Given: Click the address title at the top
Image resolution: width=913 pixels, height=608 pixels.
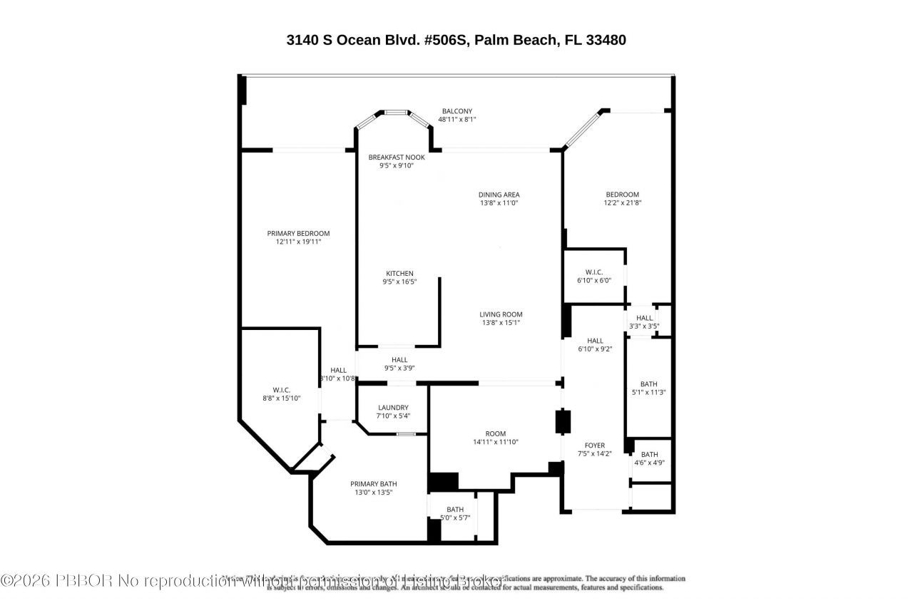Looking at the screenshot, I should [x=456, y=40].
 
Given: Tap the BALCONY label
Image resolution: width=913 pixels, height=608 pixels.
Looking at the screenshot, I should [x=456, y=111].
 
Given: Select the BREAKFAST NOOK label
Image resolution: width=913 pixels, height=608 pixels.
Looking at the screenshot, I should [x=396, y=157].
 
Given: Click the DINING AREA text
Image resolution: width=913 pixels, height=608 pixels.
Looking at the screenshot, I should [x=499, y=195].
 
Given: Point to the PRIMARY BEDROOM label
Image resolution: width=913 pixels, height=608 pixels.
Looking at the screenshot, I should [x=298, y=233].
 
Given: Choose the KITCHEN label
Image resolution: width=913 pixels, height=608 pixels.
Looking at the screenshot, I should [x=399, y=274].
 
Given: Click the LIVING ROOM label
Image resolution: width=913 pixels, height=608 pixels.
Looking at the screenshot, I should [x=501, y=314].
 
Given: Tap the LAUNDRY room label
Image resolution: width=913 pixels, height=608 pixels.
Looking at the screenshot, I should [x=393, y=407].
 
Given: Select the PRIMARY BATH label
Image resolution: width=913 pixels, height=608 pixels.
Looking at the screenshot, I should [x=374, y=483].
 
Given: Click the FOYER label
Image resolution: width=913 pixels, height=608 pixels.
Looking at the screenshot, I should [x=594, y=445].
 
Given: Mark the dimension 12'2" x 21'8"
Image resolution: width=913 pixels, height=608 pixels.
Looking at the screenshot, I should [x=622, y=203].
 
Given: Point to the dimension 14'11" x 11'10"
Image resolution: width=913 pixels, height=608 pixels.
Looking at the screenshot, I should [x=495, y=442].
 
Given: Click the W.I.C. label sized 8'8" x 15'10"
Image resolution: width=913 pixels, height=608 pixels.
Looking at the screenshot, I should [x=280, y=390].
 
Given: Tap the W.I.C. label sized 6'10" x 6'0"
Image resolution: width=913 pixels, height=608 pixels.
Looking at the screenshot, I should [x=593, y=272].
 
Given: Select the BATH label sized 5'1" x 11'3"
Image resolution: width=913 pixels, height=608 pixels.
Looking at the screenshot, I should [x=648, y=384].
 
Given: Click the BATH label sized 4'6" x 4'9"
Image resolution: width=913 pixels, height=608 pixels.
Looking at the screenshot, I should [x=649, y=454].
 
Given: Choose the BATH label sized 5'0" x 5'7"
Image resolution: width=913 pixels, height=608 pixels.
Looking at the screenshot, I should [x=455, y=509].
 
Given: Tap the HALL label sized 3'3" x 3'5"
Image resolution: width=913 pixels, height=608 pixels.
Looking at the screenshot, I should [x=644, y=318].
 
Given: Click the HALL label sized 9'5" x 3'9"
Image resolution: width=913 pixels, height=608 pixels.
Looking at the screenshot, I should [x=399, y=359].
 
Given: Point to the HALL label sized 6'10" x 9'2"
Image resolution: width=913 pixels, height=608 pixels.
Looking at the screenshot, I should [x=595, y=340].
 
